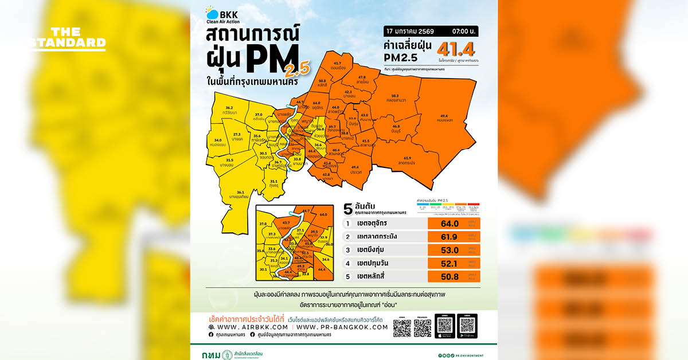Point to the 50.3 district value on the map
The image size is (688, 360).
[394, 96]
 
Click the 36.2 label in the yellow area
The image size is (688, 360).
[229, 108]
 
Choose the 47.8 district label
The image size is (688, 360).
[362, 77]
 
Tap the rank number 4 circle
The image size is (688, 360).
[347, 264]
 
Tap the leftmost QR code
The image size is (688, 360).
[402, 327]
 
